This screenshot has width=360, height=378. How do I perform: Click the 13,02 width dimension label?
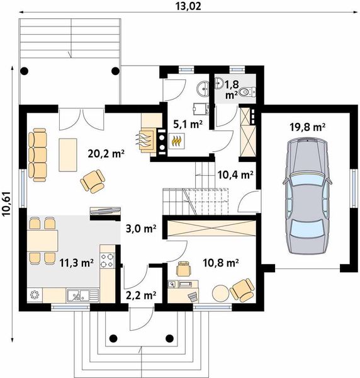tap(188, 6)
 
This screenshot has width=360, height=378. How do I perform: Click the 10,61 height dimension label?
tap(7, 203)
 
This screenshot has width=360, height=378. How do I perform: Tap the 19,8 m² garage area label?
tap(308, 127)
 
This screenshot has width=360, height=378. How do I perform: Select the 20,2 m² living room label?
tap(106, 153)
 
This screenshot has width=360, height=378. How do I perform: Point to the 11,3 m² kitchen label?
tap(76, 263)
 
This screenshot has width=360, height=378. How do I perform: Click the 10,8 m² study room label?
tap(221, 263)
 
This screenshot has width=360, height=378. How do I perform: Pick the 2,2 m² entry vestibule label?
tap(141, 295)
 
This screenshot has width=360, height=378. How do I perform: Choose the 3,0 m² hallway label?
tap(141, 229)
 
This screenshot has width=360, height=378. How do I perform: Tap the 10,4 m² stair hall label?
tap(235, 175)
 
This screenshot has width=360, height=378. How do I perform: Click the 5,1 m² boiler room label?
tap(188, 124)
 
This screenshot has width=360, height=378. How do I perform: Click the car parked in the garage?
tap(307, 195)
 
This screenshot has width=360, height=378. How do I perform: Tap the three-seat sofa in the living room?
tap(37, 155)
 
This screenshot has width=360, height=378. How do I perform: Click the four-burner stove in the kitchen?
tap(107, 260)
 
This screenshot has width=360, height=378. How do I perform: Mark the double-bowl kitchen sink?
tap(82, 295)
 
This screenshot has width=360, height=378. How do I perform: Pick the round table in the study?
tap(220, 293)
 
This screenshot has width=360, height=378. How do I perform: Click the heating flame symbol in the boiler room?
tap(176, 140)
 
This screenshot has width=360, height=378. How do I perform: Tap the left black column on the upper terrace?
tap(25, 71)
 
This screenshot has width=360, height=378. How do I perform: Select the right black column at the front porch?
tap(170, 338)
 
